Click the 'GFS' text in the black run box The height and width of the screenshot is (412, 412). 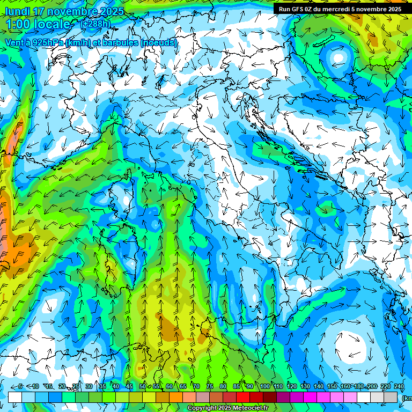pos(298,9)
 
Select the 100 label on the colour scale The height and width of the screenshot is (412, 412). pos(264,386)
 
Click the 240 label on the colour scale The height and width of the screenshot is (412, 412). pos(399,386)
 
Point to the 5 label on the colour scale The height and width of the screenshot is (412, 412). pos(20,386)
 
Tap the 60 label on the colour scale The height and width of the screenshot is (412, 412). pos(170,386)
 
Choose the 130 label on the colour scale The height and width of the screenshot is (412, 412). pos(305,386)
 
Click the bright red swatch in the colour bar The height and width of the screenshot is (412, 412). pos(243,397)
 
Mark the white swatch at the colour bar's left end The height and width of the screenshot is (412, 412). pos(15,397)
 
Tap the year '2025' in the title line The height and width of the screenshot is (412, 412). pos(109,11)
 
